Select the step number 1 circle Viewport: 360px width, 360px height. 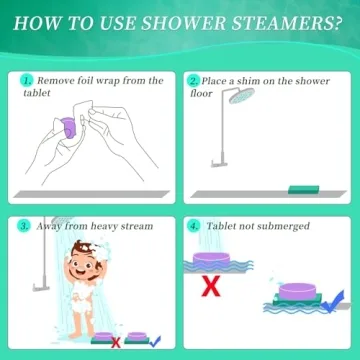(26, 81)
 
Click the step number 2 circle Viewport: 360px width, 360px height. (193, 81)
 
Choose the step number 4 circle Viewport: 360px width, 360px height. (193, 226)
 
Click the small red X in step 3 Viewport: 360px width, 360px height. (117, 342)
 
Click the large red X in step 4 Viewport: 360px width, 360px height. (211, 289)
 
